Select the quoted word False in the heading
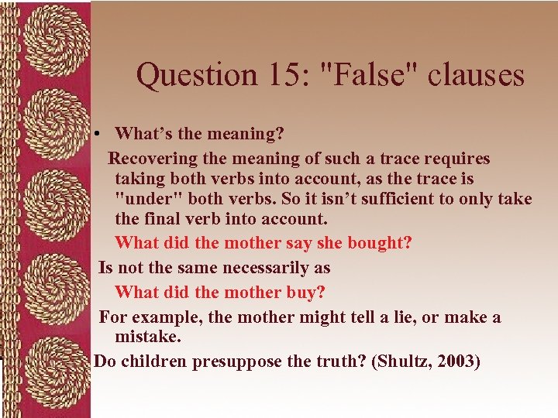click(363, 75)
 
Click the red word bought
click(380, 243)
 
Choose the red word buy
click(308, 293)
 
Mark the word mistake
click(147, 337)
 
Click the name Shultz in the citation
click(404, 361)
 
